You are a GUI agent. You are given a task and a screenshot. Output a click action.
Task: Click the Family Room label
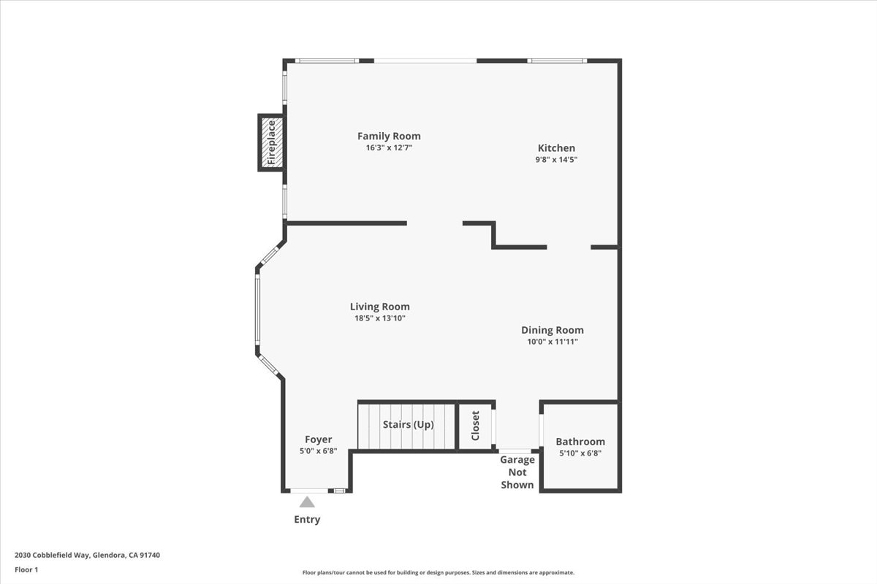389,136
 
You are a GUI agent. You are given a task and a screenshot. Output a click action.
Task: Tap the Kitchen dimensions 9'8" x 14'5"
557,159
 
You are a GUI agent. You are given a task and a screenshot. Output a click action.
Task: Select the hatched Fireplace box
271,142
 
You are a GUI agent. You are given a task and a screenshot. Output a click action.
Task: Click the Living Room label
379,307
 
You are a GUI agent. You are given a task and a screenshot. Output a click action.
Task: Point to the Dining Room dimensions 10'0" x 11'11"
553,342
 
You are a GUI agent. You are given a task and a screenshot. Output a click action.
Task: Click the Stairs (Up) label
408,424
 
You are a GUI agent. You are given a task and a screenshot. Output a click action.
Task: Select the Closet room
475,426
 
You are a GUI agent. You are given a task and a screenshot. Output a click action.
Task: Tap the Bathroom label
580,442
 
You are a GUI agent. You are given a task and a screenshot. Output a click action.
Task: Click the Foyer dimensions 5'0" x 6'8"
318,451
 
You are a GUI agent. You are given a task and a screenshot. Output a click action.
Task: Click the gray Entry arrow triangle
307,502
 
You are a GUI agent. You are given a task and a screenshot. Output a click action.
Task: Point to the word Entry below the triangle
307,520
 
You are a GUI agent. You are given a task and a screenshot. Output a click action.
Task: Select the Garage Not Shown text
517,472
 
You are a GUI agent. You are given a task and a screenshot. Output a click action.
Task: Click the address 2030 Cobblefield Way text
87,555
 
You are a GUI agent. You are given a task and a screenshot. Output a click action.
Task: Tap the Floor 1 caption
26,569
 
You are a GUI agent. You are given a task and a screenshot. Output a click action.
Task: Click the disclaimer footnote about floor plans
438,573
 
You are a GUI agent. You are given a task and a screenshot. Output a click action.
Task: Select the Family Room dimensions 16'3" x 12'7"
389,147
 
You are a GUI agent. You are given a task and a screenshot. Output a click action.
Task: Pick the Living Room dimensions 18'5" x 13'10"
379,318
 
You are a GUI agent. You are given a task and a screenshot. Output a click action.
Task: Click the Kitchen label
557,147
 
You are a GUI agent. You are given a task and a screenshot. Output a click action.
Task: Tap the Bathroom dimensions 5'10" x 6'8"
580,453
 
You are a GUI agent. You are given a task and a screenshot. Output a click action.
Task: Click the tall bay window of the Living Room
257,313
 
